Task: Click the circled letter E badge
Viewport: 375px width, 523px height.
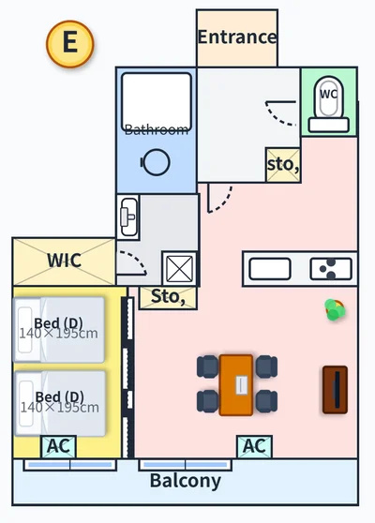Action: click(70, 44)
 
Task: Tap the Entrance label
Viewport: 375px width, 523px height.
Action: click(237, 37)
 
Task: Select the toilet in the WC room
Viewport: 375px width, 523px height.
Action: click(329, 104)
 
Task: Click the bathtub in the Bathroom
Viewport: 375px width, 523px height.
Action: click(157, 102)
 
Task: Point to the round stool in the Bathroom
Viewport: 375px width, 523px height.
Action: click(156, 162)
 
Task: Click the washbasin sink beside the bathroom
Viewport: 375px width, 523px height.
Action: click(128, 217)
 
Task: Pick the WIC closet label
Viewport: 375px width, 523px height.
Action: click(64, 261)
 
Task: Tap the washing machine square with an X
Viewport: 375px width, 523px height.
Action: click(179, 269)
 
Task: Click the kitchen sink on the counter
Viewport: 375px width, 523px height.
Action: click(270, 269)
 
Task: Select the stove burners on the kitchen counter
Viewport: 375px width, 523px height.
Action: click(331, 269)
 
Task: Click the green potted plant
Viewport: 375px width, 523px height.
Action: click(335, 310)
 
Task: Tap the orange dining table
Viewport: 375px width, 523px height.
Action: click(236, 385)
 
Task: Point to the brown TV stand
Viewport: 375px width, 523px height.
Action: click(336, 390)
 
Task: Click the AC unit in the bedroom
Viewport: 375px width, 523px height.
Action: click(59, 447)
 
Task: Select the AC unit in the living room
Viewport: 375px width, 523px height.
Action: click(255, 447)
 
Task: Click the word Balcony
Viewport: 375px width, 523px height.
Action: click(186, 481)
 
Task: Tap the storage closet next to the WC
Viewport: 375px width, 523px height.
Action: click(283, 165)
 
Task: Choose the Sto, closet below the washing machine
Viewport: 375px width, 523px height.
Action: click(168, 297)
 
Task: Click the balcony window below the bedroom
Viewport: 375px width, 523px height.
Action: click(70, 465)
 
